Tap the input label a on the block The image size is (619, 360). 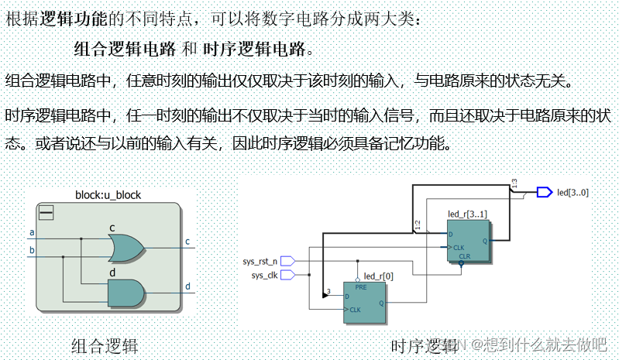pos(32,232)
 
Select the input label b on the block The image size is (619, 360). pos(32,250)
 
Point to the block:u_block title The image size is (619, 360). pos(108,195)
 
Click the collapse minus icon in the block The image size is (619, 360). pos(46,211)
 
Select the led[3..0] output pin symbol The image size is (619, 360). pos(544,192)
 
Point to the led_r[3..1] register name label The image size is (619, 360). pos(467,213)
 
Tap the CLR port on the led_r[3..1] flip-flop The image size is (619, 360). pos(463,255)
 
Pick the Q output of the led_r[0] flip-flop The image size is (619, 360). pos(380,303)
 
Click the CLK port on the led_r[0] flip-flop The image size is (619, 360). pos(356,310)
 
